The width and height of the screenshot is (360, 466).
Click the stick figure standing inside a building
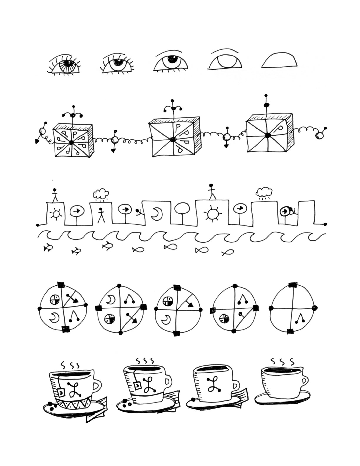point(101,215)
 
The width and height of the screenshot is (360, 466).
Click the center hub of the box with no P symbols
point(268,135)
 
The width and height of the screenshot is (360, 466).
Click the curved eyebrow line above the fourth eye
point(225,51)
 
